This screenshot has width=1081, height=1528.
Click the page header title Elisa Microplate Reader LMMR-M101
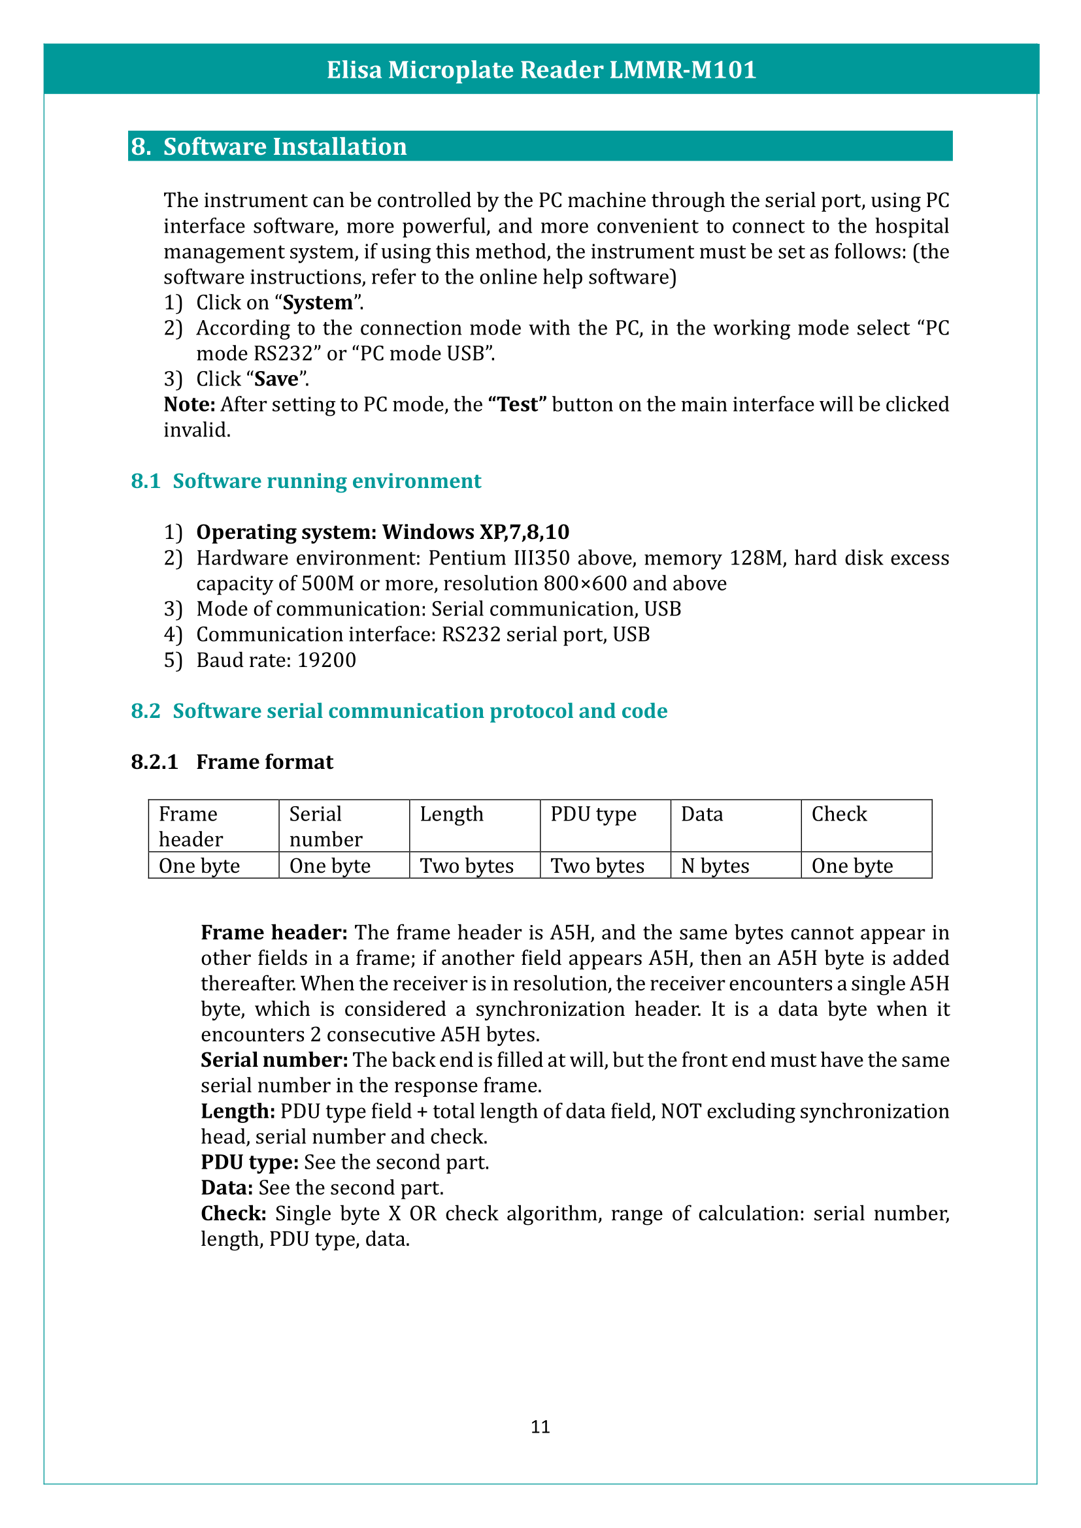[540, 70]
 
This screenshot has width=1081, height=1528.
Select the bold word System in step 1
[318, 303]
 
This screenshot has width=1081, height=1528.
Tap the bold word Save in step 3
[276, 380]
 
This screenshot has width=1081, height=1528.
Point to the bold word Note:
[189, 404]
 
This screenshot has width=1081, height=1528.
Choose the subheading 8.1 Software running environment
[305, 481]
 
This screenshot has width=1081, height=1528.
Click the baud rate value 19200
[326, 660]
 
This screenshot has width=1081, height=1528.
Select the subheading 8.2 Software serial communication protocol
[399, 711]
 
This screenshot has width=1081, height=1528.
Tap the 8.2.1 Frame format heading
[231, 762]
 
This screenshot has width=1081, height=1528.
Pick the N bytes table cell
[715, 866]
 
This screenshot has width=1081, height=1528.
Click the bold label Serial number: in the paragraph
[274, 1060]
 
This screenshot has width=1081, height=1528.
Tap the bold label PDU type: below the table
[250, 1163]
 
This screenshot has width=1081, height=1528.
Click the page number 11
[540, 1427]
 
